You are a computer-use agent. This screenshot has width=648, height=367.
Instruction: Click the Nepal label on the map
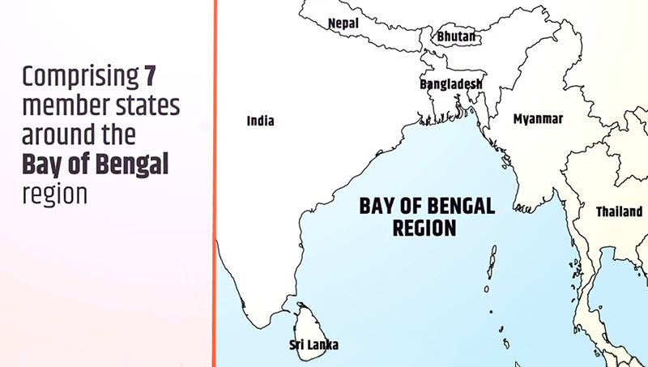tap(343, 23)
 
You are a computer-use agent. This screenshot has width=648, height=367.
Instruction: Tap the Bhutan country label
tap(458, 37)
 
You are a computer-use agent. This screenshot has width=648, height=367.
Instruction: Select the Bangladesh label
tap(451, 84)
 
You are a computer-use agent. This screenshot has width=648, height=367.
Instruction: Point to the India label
tap(260, 122)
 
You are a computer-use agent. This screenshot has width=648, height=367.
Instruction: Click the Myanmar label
tap(538, 119)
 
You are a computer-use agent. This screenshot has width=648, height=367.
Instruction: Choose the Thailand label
tap(619, 211)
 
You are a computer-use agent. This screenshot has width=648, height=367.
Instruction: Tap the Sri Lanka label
tap(314, 345)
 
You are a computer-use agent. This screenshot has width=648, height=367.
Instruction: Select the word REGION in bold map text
tap(424, 228)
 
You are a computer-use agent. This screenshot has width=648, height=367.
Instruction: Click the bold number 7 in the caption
tap(149, 77)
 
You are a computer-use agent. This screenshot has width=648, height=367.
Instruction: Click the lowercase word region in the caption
tap(53, 193)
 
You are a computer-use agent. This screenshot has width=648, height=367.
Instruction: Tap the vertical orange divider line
tap(215, 183)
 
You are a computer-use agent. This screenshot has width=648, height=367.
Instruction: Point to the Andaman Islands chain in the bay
tap(492, 267)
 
